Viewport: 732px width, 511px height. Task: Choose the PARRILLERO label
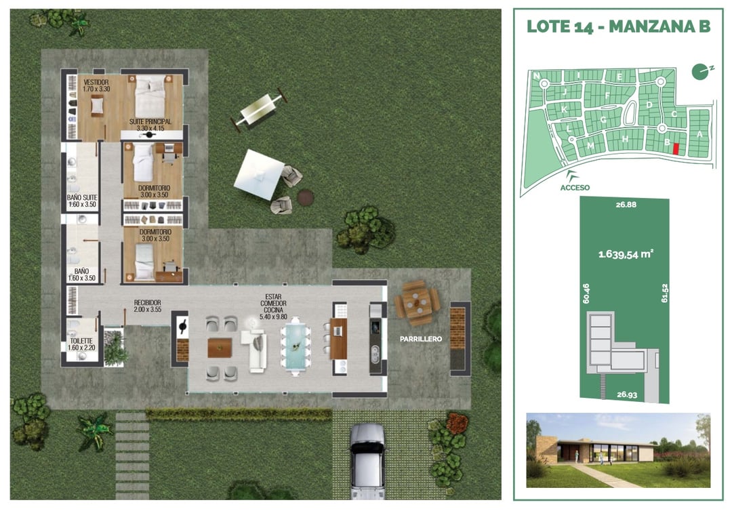click(420, 338)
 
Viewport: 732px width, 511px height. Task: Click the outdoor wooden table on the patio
click(416, 304)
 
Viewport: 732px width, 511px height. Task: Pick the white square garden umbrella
click(259, 174)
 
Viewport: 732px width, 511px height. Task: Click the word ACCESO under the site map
click(575, 187)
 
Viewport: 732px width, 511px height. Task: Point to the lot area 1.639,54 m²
click(624, 255)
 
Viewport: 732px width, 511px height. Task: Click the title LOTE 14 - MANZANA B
click(618, 26)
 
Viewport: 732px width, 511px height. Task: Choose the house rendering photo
click(618, 450)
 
